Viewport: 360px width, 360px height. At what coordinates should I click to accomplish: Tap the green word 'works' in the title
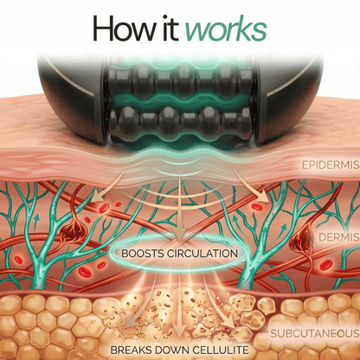click(x=226, y=29)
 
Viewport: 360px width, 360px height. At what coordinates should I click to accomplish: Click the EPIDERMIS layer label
click(x=331, y=165)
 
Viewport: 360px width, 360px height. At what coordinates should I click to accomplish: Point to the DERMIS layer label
click(x=339, y=237)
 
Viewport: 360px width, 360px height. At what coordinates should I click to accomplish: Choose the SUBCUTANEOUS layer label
click(x=315, y=334)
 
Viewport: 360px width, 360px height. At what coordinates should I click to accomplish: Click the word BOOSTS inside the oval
click(x=140, y=254)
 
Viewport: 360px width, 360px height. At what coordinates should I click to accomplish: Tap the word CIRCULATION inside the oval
click(x=200, y=254)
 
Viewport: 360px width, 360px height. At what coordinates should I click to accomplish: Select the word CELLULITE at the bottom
click(x=220, y=350)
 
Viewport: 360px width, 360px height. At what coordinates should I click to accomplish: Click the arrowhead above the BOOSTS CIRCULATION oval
click(x=179, y=233)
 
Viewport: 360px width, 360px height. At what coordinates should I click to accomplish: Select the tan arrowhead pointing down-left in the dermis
click(x=97, y=198)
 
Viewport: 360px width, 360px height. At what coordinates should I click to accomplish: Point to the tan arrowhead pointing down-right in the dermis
click(x=262, y=196)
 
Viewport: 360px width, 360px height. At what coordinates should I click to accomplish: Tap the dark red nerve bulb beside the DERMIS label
click(x=302, y=239)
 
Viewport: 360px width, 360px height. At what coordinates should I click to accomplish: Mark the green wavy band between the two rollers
click(x=182, y=100)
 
